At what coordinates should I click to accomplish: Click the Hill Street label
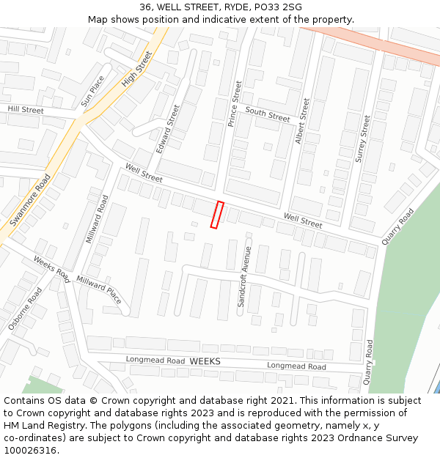coord(26,110)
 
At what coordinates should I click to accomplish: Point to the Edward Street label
coord(167,128)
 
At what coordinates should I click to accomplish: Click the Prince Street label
coord(235,103)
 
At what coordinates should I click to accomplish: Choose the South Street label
coord(268,114)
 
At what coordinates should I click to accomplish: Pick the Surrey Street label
coord(362,138)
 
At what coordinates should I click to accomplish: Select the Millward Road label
coord(98,219)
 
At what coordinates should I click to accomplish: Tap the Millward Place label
coord(100,290)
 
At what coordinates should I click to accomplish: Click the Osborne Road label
coord(25,309)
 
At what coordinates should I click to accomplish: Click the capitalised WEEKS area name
coord(205,362)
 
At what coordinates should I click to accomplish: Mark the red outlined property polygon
coord(217,215)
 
